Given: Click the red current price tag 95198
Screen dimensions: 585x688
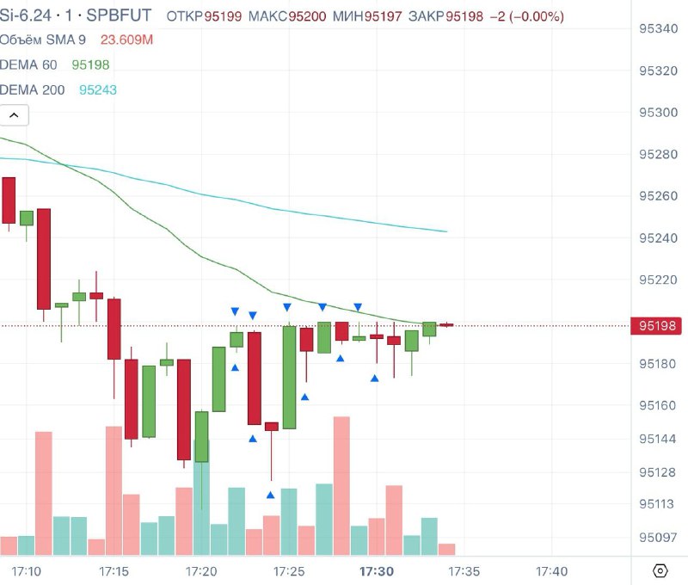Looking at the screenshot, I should coord(658,325).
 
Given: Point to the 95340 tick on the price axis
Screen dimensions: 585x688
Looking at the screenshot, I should coord(659,29).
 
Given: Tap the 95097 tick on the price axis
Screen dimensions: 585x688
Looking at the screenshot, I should coord(659,538).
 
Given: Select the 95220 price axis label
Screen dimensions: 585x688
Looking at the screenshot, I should coord(659,280).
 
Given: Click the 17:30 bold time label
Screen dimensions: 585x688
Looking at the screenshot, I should coord(377,571).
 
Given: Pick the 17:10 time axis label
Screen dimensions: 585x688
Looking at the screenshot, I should coord(27,571).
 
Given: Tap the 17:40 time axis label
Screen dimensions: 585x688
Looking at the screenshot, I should coord(551,571).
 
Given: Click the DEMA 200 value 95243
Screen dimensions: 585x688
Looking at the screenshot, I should coord(98,89).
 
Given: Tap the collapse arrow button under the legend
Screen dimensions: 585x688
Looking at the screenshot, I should coord(15,114).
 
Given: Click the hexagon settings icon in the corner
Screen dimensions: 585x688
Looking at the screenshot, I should coord(660,570).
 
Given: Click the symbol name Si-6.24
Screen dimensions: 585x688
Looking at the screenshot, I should coord(28,16).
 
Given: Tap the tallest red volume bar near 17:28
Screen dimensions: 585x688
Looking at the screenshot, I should coord(341,486).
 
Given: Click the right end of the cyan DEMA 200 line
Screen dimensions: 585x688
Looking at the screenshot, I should coord(445,231).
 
